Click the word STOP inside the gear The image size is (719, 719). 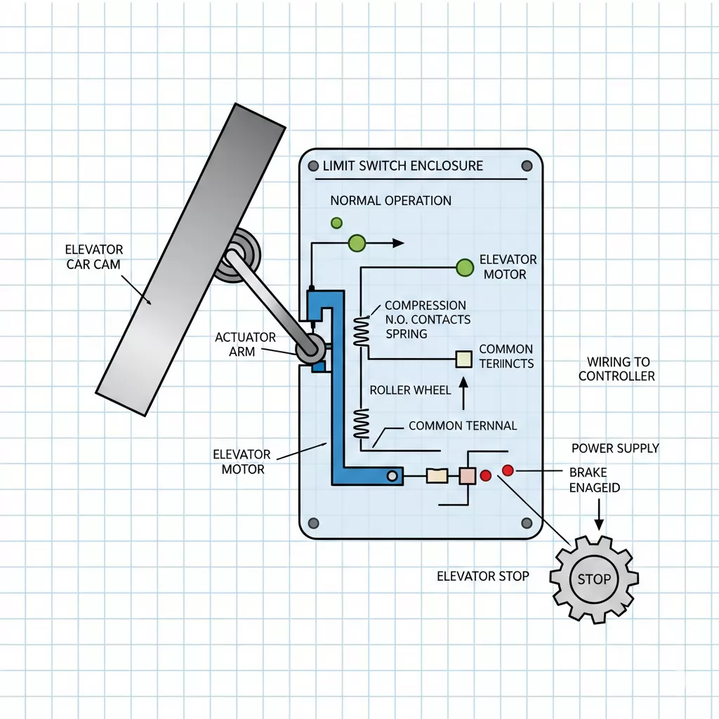click(x=593, y=580)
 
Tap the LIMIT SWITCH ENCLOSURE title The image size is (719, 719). click(x=403, y=166)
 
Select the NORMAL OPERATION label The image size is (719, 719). click(x=390, y=201)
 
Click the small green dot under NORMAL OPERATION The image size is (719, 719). click(x=336, y=223)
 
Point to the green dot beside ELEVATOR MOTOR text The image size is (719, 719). click(x=465, y=267)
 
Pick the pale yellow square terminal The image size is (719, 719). click(x=464, y=359)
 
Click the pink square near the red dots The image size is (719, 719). click(x=467, y=475)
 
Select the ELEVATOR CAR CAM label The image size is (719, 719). click(x=94, y=257)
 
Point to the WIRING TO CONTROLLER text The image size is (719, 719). click(x=616, y=369)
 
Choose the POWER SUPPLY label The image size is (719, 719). click(x=615, y=448)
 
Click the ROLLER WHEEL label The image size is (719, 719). click(x=410, y=390)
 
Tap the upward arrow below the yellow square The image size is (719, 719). click(x=463, y=394)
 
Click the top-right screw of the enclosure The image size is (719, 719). click(x=527, y=166)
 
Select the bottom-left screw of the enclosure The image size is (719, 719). click(x=313, y=523)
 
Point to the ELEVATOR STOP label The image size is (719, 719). click(x=483, y=576)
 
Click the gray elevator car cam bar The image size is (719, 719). click(x=190, y=260)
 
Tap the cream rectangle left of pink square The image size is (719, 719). click(x=437, y=476)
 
